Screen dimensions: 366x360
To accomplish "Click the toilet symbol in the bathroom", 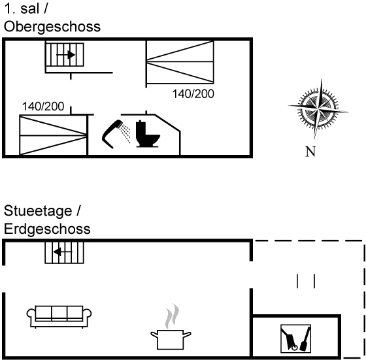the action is pos(148,134).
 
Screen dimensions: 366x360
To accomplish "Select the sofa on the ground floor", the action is pos(59,317).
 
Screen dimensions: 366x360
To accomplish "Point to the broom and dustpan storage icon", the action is pos(295,338).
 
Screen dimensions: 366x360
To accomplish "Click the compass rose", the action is pos(318,108).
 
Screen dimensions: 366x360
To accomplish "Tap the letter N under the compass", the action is pos(310,152).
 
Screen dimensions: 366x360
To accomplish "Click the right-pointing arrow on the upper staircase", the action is pos(66,55).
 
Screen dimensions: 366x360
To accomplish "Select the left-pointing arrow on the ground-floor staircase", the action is pos(63,252).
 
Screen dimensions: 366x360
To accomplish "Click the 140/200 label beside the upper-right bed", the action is pos(193,94).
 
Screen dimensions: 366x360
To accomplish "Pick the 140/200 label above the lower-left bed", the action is pos(43,106).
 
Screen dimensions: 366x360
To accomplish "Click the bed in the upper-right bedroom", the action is pos(180,62).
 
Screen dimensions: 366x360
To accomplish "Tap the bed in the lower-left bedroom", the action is pos(53,135).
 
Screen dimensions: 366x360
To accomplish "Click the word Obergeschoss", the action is pos(52,27).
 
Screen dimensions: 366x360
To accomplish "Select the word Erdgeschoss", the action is pos(47,229).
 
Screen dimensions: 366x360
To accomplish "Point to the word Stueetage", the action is pos(38,211).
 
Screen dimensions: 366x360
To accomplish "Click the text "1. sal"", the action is pos(22,9).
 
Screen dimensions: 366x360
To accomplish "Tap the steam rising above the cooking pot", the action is pos(172,316).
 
